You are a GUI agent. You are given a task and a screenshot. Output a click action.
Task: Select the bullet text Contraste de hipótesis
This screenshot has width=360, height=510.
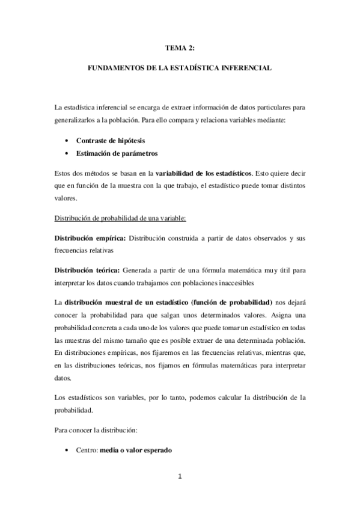106,140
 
